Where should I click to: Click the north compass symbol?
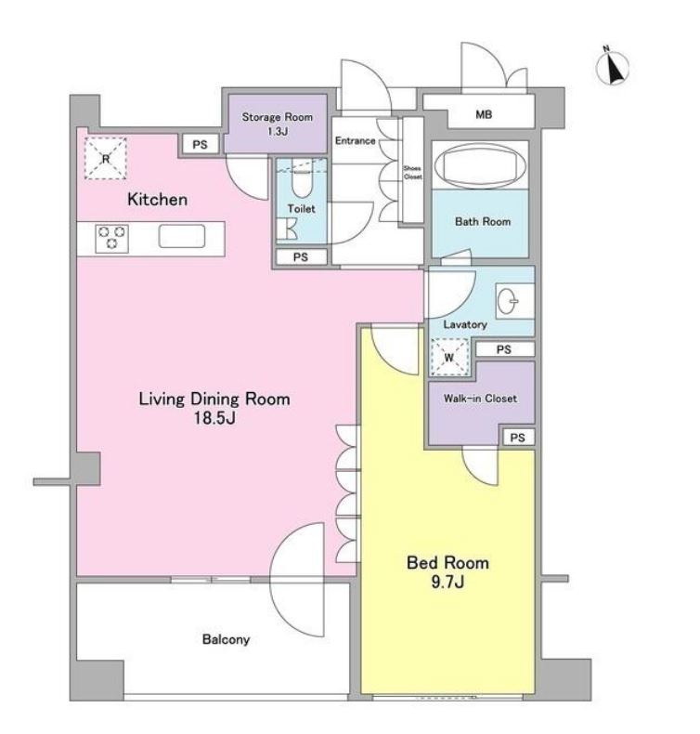click(x=612, y=68)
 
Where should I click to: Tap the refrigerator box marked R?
click(x=106, y=158)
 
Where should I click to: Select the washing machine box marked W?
click(x=449, y=357)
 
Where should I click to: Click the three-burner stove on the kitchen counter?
click(x=111, y=238)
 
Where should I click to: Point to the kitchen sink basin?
click(x=181, y=236)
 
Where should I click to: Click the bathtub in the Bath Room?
click(x=480, y=166)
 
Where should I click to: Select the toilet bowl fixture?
click(x=302, y=180)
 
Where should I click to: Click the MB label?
click(x=484, y=114)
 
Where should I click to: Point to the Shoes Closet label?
click(x=412, y=172)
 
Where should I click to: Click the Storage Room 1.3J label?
click(x=278, y=124)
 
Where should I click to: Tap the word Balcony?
click(x=226, y=639)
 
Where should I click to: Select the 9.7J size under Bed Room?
click(x=447, y=582)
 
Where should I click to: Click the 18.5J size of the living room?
click(x=214, y=417)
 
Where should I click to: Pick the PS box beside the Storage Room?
click(x=200, y=145)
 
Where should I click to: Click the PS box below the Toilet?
click(x=301, y=257)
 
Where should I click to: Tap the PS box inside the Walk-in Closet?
click(x=517, y=438)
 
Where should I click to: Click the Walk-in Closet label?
click(x=480, y=399)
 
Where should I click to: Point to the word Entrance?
click(x=355, y=140)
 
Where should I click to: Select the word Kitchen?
click(x=157, y=200)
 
